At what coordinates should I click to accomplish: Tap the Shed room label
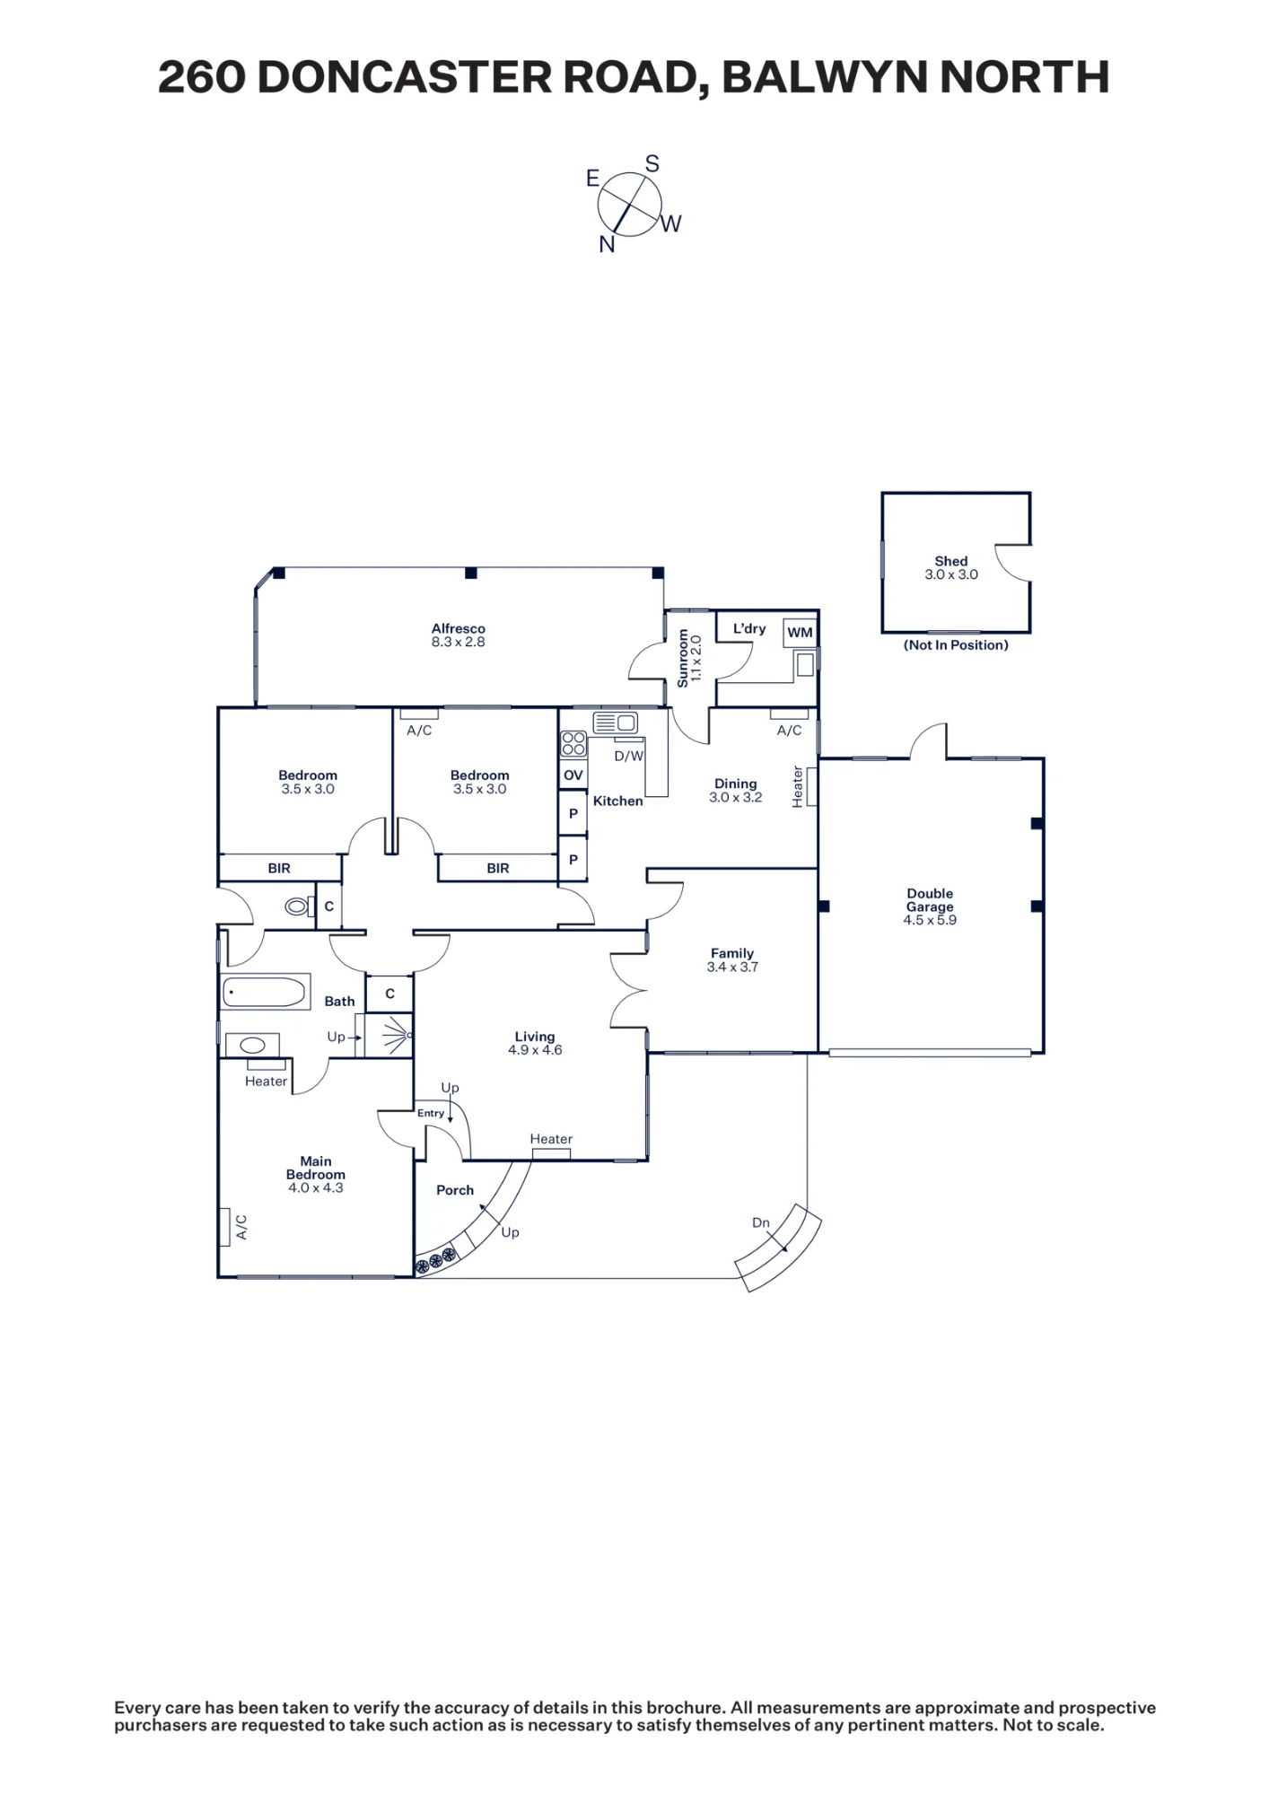[x=951, y=568]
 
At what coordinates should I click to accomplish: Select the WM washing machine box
[x=800, y=633]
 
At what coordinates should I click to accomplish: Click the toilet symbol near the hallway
[x=298, y=906]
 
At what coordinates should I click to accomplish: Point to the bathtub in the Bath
[x=266, y=992]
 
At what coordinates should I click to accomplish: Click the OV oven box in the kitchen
[x=573, y=775]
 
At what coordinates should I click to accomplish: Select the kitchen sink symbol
[x=615, y=722]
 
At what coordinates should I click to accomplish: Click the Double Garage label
[x=930, y=906]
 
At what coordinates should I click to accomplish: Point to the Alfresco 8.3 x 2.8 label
[x=458, y=635]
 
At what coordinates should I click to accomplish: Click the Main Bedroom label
[x=316, y=1174]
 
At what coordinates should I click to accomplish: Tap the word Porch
[x=455, y=1190]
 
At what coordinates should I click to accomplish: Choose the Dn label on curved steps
[x=761, y=1222]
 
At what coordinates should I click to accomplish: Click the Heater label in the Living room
[x=551, y=1139]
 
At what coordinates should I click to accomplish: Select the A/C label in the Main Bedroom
[x=241, y=1227]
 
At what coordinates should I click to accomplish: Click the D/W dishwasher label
[x=629, y=756]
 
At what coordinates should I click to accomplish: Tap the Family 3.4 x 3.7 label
[x=732, y=960]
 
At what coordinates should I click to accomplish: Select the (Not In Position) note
[x=956, y=645]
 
